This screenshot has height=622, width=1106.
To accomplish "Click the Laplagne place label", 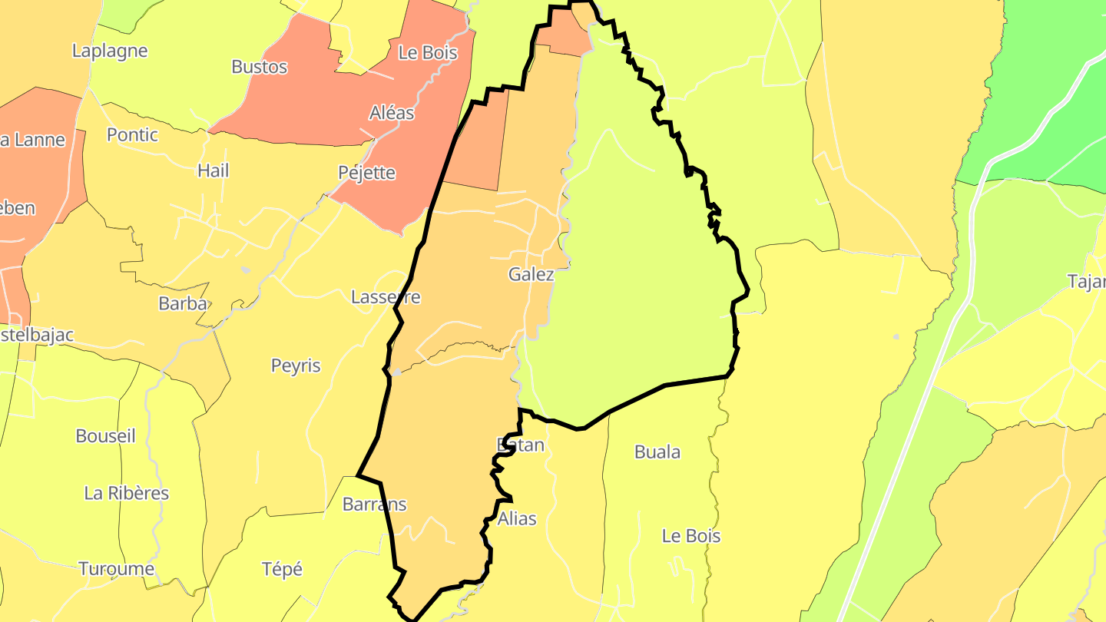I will [109, 51].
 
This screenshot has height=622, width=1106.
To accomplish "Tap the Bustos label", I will [260, 67].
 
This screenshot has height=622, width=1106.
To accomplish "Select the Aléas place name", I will [392, 113].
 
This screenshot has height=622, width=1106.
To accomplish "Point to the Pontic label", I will [132, 135].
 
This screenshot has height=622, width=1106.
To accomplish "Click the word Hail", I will [214, 170].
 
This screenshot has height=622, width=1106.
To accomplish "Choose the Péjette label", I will [367, 173].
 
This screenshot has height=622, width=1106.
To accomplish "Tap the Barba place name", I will [183, 303].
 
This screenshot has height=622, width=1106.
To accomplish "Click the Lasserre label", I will [386, 297].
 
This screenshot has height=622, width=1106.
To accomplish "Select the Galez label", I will [531, 274].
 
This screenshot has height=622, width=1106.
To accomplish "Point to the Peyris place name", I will [296, 366].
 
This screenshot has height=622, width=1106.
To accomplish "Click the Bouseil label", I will [105, 436].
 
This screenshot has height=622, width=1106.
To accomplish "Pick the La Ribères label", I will [127, 493].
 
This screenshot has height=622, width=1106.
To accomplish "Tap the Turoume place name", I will [117, 569].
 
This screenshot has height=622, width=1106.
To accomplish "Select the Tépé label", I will [282, 570].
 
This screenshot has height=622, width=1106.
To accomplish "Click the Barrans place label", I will [374, 505].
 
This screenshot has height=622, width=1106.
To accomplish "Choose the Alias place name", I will [517, 519].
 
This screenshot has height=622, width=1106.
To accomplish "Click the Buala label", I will [657, 452].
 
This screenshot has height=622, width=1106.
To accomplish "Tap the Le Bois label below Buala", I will [691, 536].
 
